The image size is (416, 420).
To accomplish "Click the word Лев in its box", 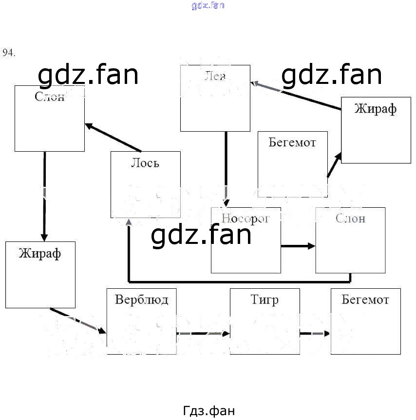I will (215, 76).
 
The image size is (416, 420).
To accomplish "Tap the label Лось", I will (145, 163).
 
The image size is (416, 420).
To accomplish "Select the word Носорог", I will (246, 218).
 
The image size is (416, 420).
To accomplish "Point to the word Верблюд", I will (141, 299).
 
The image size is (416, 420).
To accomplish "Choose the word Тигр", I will (265, 299).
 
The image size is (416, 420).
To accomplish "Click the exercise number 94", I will (9, 53).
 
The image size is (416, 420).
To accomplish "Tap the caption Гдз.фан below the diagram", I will (209, 411).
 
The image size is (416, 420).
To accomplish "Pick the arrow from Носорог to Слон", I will (298, 246).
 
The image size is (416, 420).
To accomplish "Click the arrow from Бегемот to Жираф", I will (334, 165).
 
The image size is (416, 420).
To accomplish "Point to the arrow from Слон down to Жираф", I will (44, 195).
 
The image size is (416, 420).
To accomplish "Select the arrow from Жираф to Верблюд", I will (78, 320).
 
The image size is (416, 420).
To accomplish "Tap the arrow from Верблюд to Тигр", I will (203, 334).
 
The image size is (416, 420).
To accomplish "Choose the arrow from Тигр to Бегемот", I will (314, 334).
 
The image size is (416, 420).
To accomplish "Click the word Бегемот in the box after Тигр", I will (365, 299).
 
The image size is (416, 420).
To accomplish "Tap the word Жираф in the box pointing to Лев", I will (375, 108).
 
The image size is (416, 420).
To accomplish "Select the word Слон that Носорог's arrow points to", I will (350, 218).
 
